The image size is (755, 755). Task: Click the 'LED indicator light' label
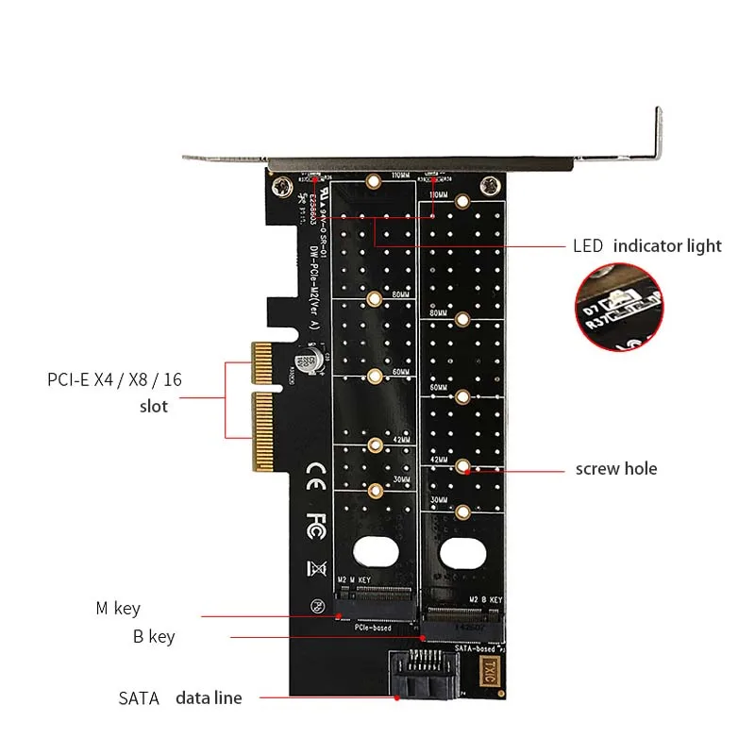646,246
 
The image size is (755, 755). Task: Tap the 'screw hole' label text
616,469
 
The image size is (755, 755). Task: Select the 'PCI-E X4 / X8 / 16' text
115,380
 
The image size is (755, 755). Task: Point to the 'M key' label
117,609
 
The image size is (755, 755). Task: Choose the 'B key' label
154,637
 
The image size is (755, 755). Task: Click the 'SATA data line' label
180,698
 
